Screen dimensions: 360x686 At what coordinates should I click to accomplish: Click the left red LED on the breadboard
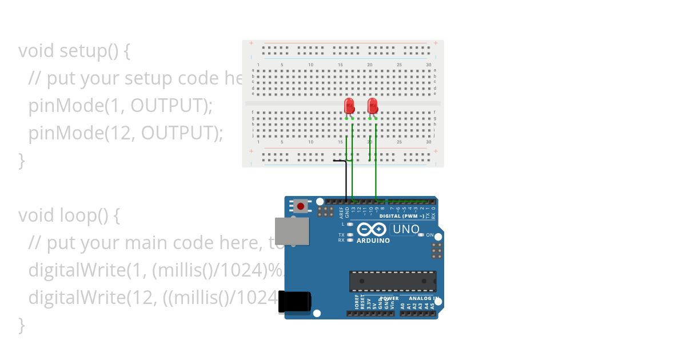(x=349, y=106)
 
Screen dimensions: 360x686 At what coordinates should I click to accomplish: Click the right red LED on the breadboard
(x=373, y=106)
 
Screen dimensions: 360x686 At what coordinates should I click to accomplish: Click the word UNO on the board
(x=406, y=230)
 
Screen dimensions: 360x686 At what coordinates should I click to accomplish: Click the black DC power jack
(x=294, y=302)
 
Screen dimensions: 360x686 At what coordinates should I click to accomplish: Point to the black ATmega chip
(x=392, y=281)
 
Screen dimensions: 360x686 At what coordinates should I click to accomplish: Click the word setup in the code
(x=83, y=51)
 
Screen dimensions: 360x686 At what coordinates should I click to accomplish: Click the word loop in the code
(x=77, y=215)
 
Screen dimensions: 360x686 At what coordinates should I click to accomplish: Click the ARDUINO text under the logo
(x=373, y=241)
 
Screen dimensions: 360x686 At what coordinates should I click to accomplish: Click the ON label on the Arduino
(x=430, y=235)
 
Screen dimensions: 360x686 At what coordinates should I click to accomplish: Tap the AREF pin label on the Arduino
(x=341, y=213)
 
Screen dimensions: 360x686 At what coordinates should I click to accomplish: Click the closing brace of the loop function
(x=22, y=325)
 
